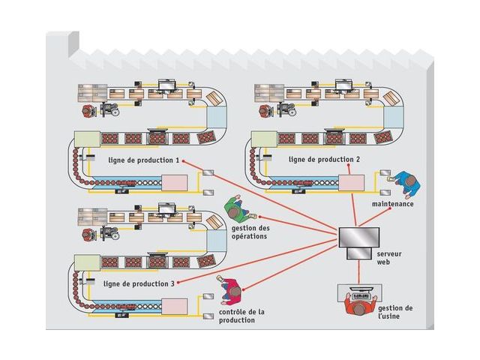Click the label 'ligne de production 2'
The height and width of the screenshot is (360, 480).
click(324, 160)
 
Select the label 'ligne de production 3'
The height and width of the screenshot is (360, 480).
click(139, 283)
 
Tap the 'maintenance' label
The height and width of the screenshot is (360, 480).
click(392, 204)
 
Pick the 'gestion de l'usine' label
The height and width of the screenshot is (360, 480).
click(395, 313)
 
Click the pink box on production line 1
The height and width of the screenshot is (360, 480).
click(174, 182)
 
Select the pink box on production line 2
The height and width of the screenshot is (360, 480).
click(351, 182)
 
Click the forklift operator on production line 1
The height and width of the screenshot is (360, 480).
click(89, 110)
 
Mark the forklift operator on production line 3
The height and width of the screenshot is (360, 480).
click(89, 233)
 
